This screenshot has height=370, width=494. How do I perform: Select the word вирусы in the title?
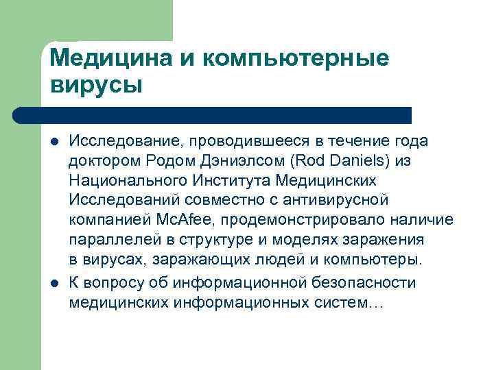[x=96, y=86]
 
